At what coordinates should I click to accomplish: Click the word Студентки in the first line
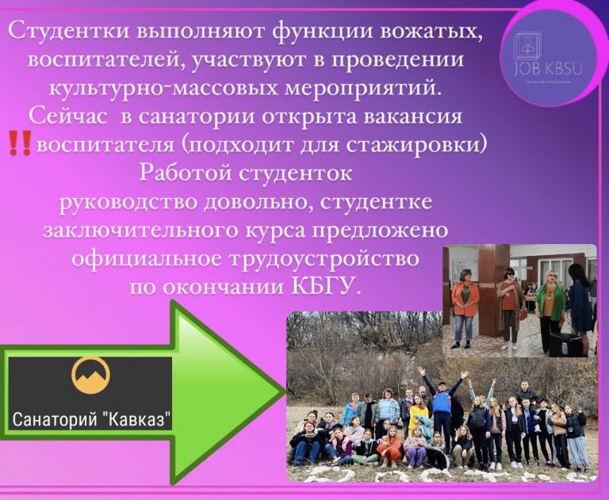[68, 31]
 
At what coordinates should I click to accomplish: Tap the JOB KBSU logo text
[549, 70]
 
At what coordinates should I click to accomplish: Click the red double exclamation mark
[19, 143]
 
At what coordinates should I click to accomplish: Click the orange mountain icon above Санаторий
[90, 376]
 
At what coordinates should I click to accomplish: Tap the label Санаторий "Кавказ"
[92, 419]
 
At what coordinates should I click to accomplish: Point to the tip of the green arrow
[285, 392]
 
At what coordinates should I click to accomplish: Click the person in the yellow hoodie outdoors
[417, 414]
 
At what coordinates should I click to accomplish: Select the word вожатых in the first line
[442, 31]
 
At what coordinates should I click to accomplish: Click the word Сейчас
[68, 116]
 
